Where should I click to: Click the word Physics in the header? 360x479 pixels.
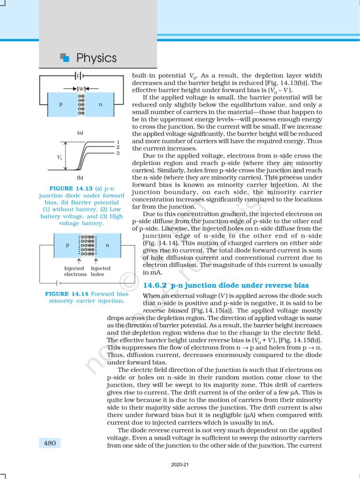pyautogui.click(x=96, y=58)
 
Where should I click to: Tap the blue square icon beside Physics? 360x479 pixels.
pyautogui.click(x=65, y=58)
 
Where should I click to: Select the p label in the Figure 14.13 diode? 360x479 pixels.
pyautogui.click(x=61, y=104)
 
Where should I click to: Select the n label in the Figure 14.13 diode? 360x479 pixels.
pyautogui.click(x=100, y=104)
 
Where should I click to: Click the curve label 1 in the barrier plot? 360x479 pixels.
pyautogui.click(x=118, y=142)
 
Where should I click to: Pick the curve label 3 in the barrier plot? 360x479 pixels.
pyautogui.click(x=118, y=153)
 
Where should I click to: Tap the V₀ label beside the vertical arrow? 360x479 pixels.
pyautogui.click(x=59, y=157)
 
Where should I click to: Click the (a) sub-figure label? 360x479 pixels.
pyautogui.click(x=80, y=133)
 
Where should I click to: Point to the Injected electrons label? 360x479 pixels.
pyautogui.click(x=74, y=271)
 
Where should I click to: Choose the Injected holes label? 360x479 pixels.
pyautogui.click(x=100, y=271)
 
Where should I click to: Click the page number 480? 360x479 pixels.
pyautogui.click(x=49, y=443)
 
